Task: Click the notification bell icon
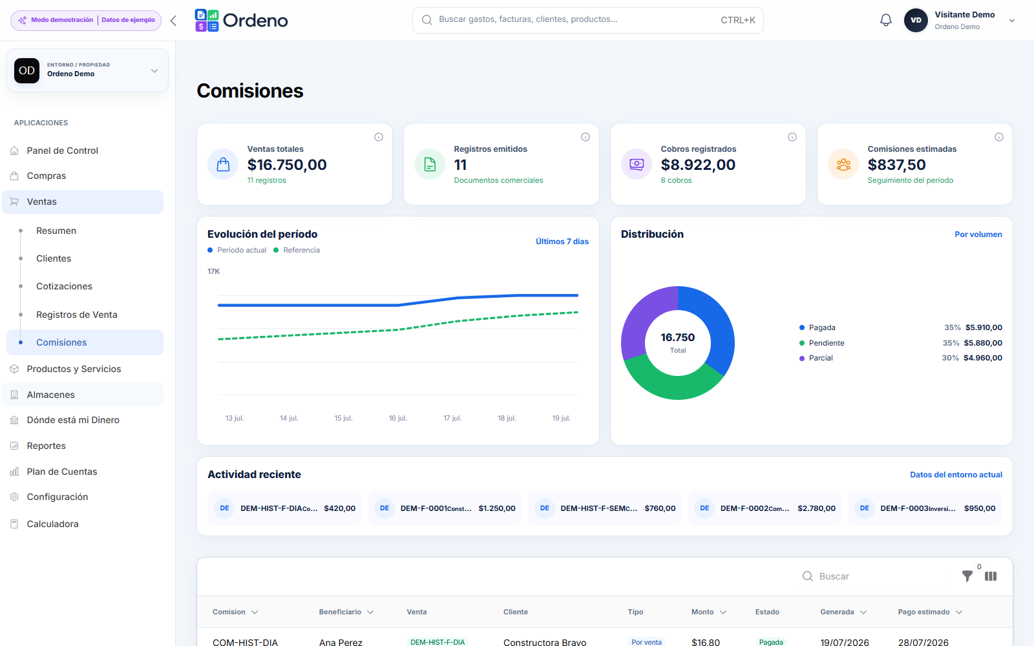885,20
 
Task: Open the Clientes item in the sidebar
54,258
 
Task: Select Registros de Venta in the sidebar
77,315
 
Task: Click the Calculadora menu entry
52,524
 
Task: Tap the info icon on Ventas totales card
379,137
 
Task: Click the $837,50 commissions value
896,165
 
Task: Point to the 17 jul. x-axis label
452,418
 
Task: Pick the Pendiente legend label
827,343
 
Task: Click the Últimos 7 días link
562,242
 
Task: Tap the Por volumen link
978,234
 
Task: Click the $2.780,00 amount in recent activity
816,508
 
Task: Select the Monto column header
702,612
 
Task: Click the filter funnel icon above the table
967,576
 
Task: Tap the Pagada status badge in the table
771,642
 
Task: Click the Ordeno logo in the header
242,20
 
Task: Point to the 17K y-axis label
213,271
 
